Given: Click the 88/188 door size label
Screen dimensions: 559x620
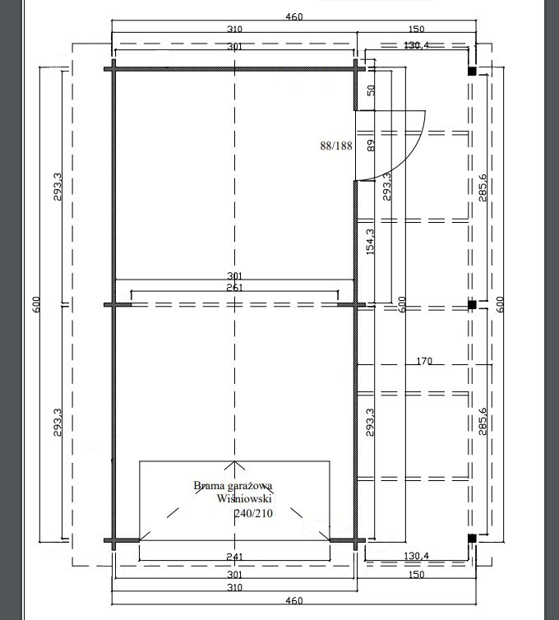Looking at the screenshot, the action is (336, 146).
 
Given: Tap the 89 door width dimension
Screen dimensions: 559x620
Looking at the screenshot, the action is (371, 146).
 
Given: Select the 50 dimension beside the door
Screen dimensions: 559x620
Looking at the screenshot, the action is (371, 90).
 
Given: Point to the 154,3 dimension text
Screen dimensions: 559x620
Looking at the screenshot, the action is (370, 241).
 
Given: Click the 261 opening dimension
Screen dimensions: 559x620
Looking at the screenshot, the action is (234, 288).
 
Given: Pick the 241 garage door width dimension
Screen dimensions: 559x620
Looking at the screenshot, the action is (234, 557).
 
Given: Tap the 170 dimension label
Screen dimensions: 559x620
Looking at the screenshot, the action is (424, 361).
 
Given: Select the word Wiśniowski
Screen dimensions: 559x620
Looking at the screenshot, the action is (244, 498).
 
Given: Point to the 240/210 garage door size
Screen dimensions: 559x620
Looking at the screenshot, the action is (253, 513).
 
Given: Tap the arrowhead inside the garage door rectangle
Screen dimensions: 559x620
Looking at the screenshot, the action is (234, 465).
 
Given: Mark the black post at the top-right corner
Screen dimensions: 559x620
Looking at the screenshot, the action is (472, 72).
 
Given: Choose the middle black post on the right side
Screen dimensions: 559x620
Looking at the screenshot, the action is (472, 305).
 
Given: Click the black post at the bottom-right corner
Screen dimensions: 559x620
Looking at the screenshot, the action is (472, 538).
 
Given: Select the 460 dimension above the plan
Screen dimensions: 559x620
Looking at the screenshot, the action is (293, 16).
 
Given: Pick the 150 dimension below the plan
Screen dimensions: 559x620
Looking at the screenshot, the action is (416, 575).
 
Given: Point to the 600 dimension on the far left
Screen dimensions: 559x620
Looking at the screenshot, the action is (36, 304).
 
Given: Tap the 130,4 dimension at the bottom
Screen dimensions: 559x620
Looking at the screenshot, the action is (416, 556).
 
